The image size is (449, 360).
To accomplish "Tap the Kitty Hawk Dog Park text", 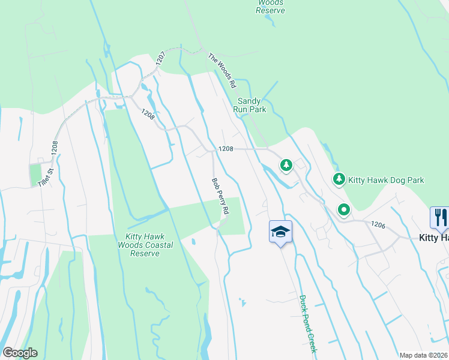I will [x=387, y=180].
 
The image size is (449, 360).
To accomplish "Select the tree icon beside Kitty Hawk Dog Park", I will [x=339, y=179].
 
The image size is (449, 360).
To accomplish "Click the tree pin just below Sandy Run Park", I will [x=286, y=164].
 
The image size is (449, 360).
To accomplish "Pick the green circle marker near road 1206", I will [x=343, y=210].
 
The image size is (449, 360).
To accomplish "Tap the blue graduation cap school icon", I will [x=280, y=232].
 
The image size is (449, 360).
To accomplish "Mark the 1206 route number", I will [x=378, y=224].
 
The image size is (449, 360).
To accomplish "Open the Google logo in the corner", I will [x=20, y=352].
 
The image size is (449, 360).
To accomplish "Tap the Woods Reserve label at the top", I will [x=270, y=6].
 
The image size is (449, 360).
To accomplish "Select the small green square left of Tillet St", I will [x=35, y=175].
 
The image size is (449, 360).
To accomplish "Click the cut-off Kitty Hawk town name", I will [x=433, y=238].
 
